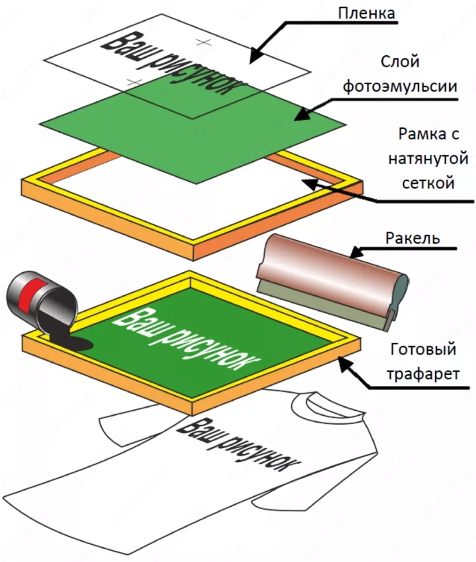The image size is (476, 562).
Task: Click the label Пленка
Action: (366, 13)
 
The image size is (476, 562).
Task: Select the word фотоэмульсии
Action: (400, 87)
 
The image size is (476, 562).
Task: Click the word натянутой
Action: (428, 159)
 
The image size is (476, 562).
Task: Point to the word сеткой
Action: (428, 182)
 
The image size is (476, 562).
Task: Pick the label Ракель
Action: (413, 238)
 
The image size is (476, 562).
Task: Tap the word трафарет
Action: (422, 375)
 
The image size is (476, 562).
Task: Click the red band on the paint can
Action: (32, 295)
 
